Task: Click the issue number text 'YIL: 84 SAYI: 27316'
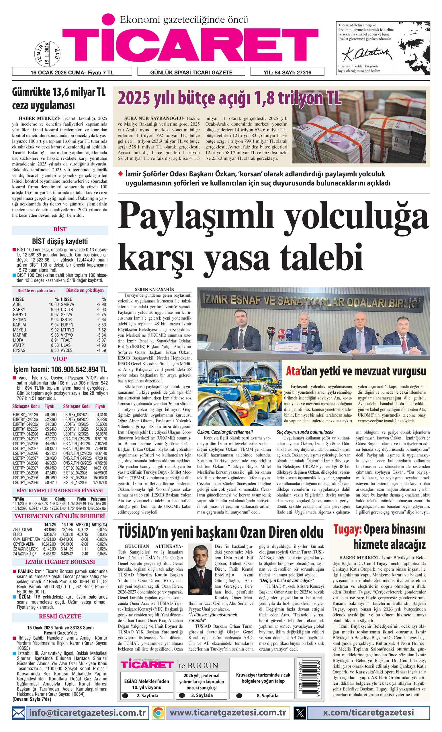[x=287, y=72]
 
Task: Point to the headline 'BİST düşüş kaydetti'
[x=60, y=241]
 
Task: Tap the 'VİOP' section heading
[x=60, y=359]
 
